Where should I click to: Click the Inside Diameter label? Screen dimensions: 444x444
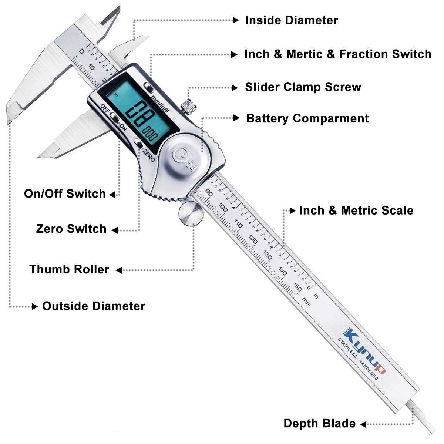(x=292, y=20)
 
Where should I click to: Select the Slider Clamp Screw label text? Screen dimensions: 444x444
(x=303, y=87)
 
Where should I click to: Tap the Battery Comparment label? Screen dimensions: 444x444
(x=307, y=118)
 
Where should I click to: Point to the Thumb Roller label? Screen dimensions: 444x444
(x=69, y=269)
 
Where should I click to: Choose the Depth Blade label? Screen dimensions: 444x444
(x=319, y=424)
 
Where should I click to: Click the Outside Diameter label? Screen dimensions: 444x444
(x=94, y=306)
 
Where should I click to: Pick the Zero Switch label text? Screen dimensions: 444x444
(x=71, y=229)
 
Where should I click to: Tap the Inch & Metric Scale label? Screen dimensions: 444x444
(x=356, y=211)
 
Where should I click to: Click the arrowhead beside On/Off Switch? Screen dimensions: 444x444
(x=112, y=194)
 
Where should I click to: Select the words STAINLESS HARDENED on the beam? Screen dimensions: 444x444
(x=357, y=359)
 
